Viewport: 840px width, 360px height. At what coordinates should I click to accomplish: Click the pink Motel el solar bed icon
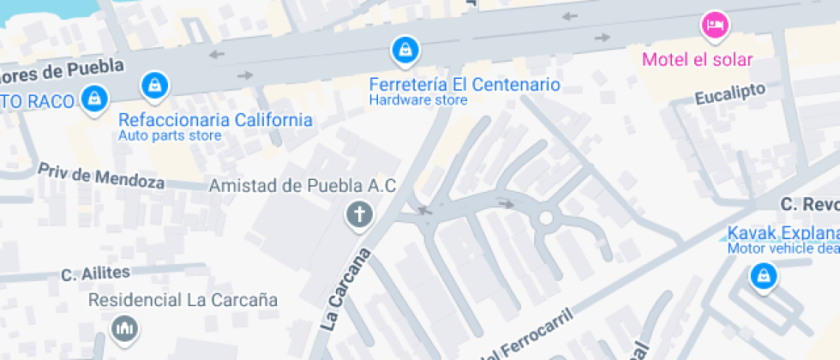coord(714,25)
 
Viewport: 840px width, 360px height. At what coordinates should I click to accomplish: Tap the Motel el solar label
coord(697,59)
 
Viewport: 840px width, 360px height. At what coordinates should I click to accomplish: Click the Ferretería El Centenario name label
coord(464,85)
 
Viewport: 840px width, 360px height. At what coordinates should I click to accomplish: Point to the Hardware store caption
coord(418,100)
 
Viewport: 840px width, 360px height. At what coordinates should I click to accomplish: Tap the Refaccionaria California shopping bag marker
coord(154,85)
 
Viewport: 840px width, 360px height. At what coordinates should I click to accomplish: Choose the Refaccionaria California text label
coord(215,120)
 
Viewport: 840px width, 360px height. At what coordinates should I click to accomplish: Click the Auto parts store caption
coord(170,135)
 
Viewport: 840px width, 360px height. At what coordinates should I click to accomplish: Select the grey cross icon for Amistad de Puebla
coord(359,214)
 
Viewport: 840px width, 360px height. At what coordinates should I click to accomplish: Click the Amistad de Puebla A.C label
coord(303,186)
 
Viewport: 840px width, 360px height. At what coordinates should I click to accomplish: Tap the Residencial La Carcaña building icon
coord(124,327)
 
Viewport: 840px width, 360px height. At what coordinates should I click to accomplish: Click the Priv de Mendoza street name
coord(100,176)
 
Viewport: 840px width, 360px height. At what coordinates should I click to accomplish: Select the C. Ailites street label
coord(95,274)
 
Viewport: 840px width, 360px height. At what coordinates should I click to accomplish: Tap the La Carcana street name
coord(346,290)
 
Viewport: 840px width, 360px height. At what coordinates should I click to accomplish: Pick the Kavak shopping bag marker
coord(762,276)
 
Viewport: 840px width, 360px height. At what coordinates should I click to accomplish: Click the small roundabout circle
coord(545,218)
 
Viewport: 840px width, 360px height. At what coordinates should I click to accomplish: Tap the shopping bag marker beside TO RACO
coord(93,98)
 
